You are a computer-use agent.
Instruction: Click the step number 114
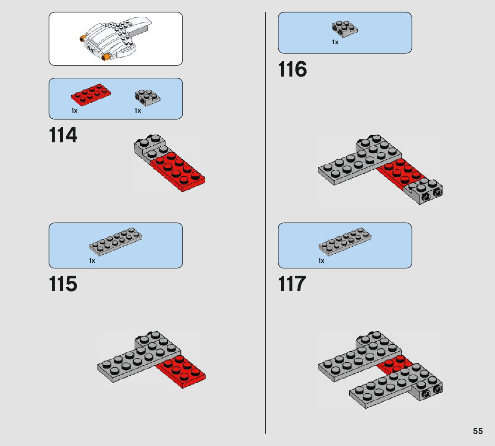pyautogui.click(x=63, y=135)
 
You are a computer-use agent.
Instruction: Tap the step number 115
pyautogui.click(x=63, y=284)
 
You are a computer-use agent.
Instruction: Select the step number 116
pyautogui.click(x=292, y=69)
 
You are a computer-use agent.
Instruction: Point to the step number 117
pyautogui.click(x=292, y=284)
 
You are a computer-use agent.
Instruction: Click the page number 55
pyautogui.click(x=478, y=431)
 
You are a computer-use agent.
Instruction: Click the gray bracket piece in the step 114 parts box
pyautogui.click(x=147, y=97)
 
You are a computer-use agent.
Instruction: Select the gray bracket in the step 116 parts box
pyautogui.click(x=344, y=29)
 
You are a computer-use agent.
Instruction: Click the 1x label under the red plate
pyautogui.click(x=74, y=111)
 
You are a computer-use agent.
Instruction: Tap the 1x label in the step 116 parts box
pyautogui.click(x=335, y=42)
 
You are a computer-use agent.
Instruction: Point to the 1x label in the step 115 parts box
pyautogui.click(x=92, y=261)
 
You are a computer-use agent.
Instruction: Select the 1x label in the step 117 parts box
pyautogui.click(x=321, y=261)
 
